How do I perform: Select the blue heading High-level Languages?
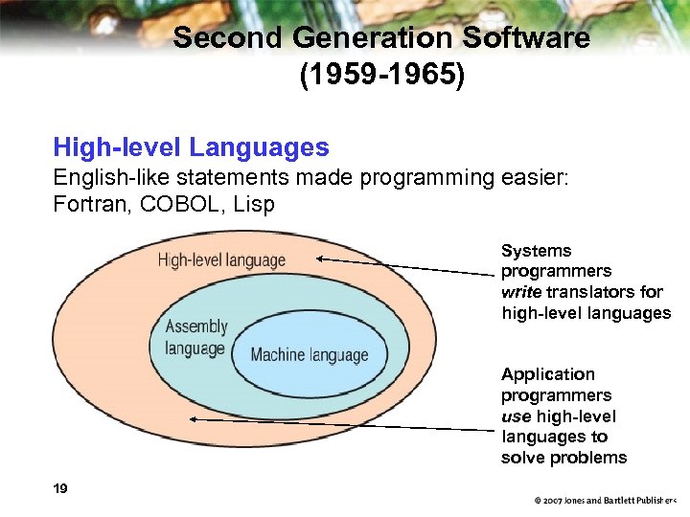(x=191, y=147)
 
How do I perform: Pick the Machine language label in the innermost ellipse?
(x=309, y=355)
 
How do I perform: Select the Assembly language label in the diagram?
(x=195, y=337)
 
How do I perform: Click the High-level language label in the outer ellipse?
(x=221, y=259)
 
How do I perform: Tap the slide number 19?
(x=60, y=489)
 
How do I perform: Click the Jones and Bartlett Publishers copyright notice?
(x=606, y=501)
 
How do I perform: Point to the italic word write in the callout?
(x=521, y=292)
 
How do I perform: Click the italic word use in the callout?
(x=516, y=416)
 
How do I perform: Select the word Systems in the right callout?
(x=536, y=251)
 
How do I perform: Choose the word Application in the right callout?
(x=547, y=374)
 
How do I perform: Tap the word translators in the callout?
(x=587, y=292)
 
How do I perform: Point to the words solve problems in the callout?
(x=563, y=458)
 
